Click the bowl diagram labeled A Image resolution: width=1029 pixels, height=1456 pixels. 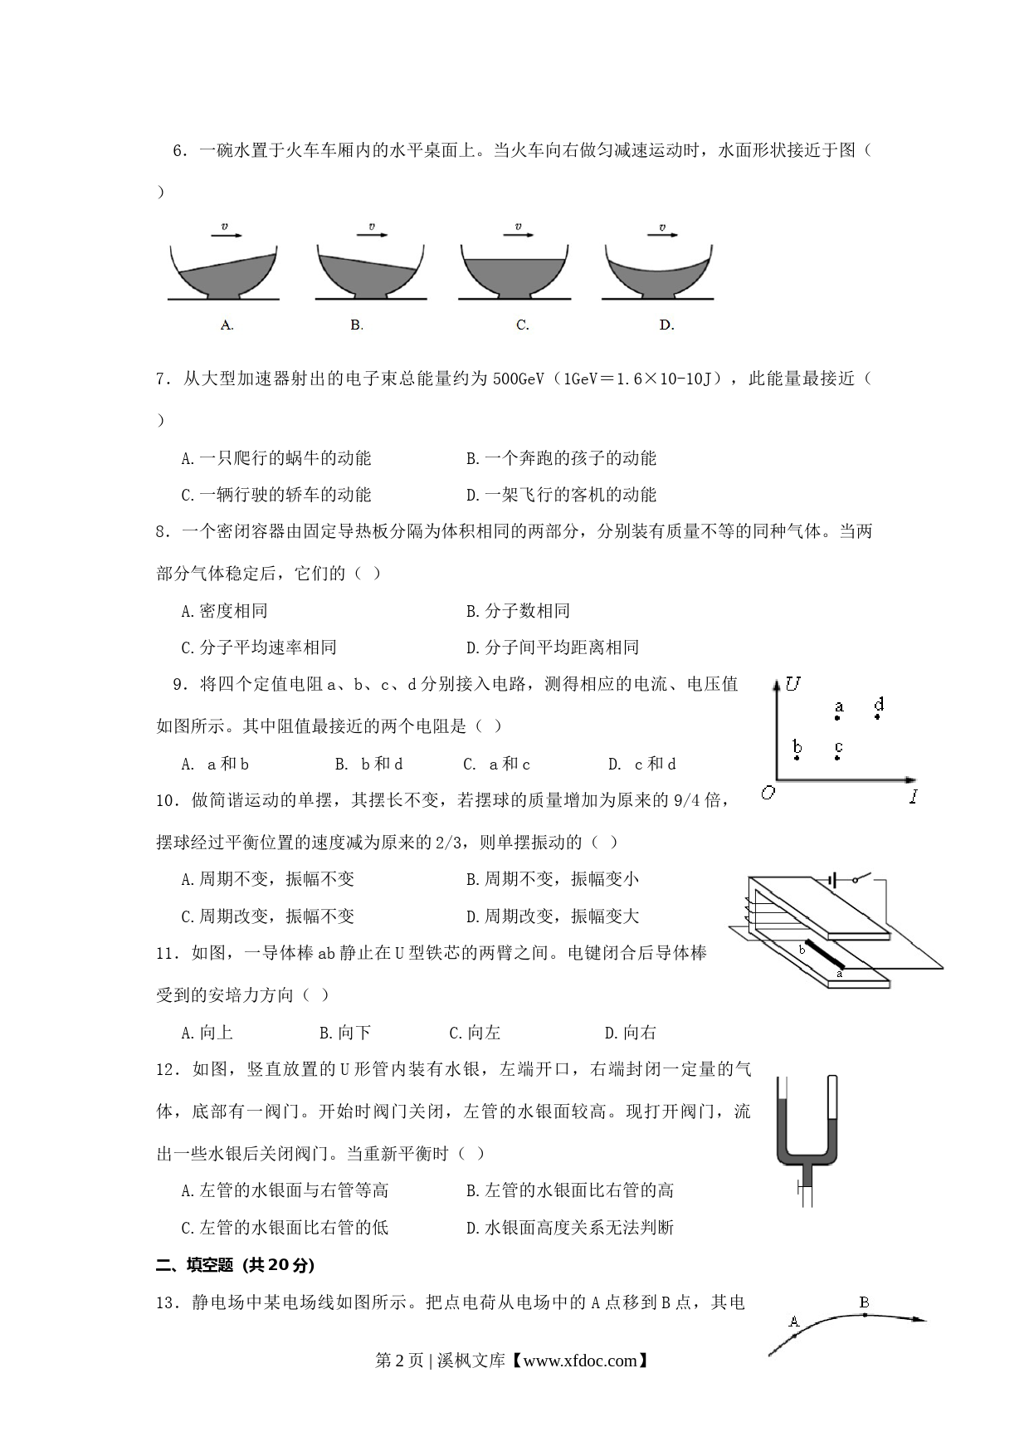pyautogui.click(x=223, y=272)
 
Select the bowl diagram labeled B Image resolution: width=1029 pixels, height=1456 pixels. pyautogui.click(x=370, y=272)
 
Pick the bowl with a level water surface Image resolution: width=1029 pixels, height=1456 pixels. pyautogui.click(x=514, y=272)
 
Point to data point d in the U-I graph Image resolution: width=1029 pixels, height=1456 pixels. pyautogui.click(x=878, y=716)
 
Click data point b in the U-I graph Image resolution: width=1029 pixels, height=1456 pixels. pyautogui.click(x=797, y=758)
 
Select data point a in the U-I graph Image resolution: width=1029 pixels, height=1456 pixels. pyautogui.click(x=838, y=716)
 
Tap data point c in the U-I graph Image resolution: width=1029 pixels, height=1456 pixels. pyautogui.click(x=838, y=758)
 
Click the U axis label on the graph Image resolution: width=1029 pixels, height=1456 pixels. pyautogui.click(x=793, y=684)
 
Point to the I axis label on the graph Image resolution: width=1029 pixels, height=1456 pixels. pyautogui.click(x=913, y=797)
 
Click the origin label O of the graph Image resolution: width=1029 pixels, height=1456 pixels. pyautogui.click(x=768, y=793)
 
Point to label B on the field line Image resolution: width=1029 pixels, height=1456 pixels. pyautogui.click(x=864, y=1302)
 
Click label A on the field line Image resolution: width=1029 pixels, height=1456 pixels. pyautogui.click(x=793, y=1321)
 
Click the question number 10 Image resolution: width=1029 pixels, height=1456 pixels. pyautogui.click(x=168, y=801)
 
